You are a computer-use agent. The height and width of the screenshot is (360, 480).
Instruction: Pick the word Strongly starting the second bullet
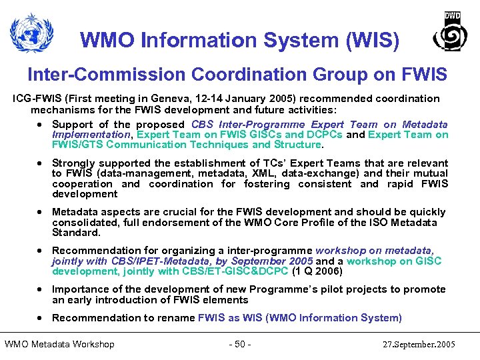(73, 163)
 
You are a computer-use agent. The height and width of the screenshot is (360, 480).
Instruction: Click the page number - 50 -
(239, 345)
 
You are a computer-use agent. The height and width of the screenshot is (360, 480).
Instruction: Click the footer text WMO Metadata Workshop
(59, 345)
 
